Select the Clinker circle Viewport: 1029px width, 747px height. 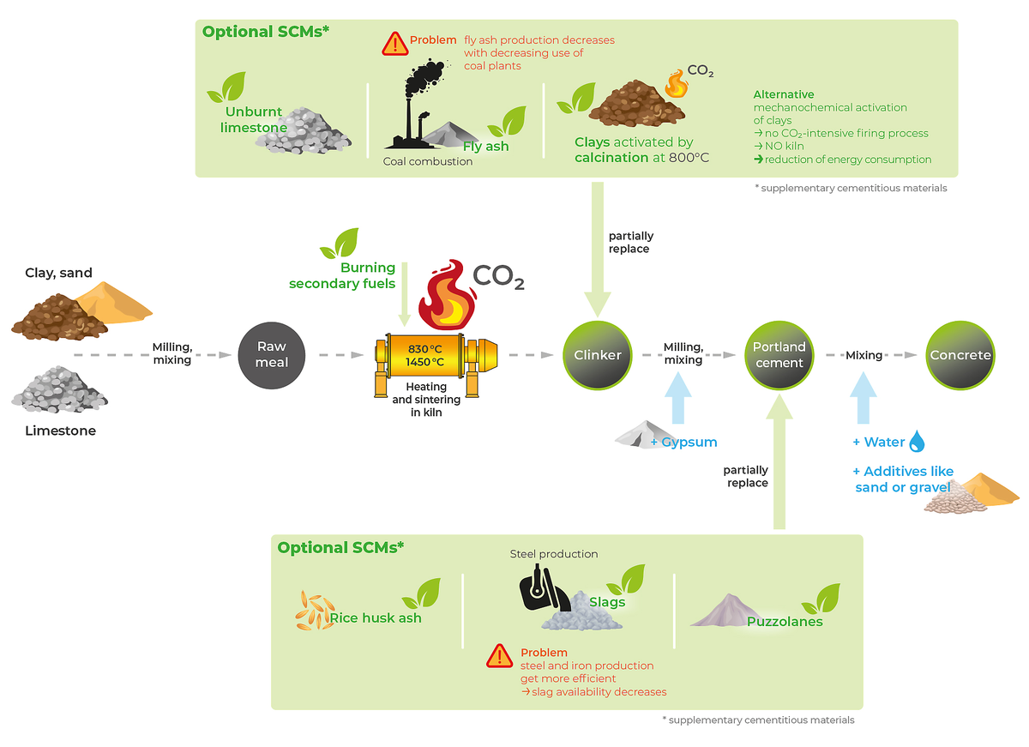click(598, 354)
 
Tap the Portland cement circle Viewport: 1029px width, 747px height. click(779, 354)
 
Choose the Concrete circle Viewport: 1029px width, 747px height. click(960, 354)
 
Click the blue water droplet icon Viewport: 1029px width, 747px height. click(918, 442)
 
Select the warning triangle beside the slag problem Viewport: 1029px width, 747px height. click(499, 656)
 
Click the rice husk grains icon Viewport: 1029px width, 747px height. click(313, 610)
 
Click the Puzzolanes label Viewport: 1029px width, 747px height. click(785, 622)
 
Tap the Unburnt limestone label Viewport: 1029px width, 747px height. click(253, 120)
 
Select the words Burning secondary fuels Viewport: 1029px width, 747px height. click(343, 275)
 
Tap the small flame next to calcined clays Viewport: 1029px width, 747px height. click(677, 84)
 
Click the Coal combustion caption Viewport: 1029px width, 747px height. click(428, 161)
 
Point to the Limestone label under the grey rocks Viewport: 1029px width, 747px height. click(60, 431)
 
